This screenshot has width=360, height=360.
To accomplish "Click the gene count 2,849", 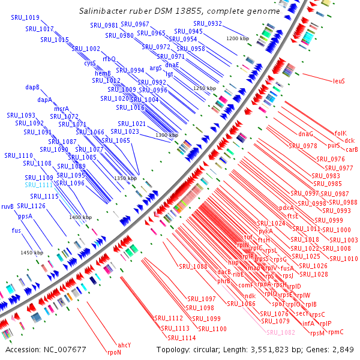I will [342, 349].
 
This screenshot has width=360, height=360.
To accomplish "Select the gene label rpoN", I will [114, 352].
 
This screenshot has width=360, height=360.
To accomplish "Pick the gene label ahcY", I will [124, 345].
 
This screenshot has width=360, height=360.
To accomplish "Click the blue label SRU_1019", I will [25, 18].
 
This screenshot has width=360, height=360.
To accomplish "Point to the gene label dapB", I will [32, 88].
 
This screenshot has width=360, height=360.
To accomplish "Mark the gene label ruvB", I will [7, 206].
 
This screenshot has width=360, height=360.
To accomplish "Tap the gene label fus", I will [16, 230].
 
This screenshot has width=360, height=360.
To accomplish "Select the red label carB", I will [352, 149].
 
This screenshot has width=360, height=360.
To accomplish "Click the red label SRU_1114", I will [182, 338].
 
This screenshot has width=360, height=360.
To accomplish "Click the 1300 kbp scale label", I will [166, 136].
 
